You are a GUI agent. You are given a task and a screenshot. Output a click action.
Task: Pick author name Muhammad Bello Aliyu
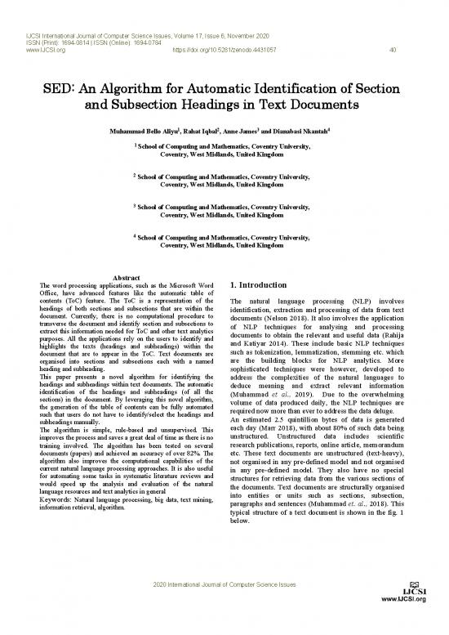pos(139,130)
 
